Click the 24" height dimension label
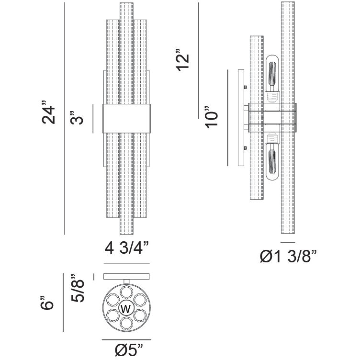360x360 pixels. tap(49, 113)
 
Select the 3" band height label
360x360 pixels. tap(77, 118)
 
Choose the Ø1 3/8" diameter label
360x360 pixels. tap(289, 257)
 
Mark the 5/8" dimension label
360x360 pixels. tap(78, 288)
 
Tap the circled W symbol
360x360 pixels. tap(127, 307)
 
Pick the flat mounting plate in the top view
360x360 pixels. tap(127, 277)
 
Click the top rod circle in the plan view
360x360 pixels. tap(127, 291)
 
